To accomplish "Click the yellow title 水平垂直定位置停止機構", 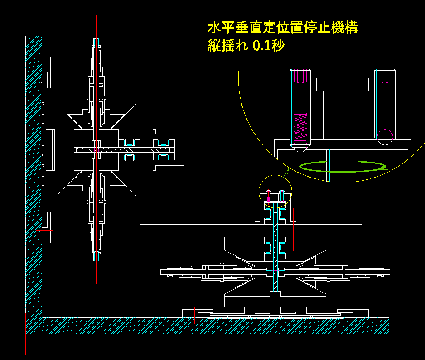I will [283, 28].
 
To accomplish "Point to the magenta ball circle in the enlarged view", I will [385, 136].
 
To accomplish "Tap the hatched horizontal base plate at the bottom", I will [213, 326].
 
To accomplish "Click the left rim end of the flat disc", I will [169, 272].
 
